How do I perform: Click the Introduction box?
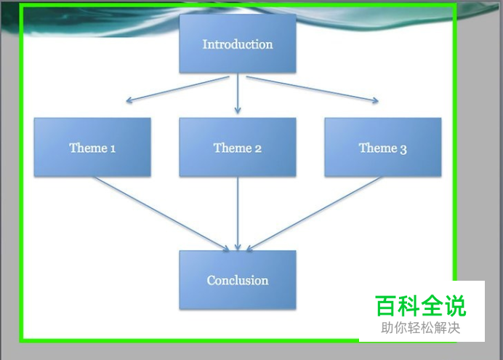click(x=238, y=44)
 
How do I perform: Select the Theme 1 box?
click(x=92, y=147)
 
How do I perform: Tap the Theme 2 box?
click(x=238, y=147)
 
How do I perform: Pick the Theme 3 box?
click(x=383, y=147)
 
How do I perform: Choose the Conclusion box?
click(x=238, y=280)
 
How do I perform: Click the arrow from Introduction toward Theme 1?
click(x=177, y=89)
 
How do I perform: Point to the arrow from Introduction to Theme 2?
click(x=238, y=94)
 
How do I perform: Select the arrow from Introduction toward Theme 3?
click(x=313, y=89)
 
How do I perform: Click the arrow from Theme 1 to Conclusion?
click(x=161, y=214)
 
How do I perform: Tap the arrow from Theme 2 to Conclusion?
click(x=238, y=213)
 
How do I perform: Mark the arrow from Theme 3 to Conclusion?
click(x=314, y=214)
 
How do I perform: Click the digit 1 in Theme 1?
click(x=113, y=149)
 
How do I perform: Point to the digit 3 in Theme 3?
click(x=403, y=150)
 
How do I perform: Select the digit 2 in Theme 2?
click(x=258, y=149)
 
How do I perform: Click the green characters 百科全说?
click(x=420, y=305)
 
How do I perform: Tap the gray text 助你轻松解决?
click(x=421, y=328)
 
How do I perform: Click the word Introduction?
click(x=238, y=44)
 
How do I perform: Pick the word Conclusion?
click(x=238, y=281)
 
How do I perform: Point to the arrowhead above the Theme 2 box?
click(x=238, y=111)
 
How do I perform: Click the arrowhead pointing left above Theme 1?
click(x=129, y=100)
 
